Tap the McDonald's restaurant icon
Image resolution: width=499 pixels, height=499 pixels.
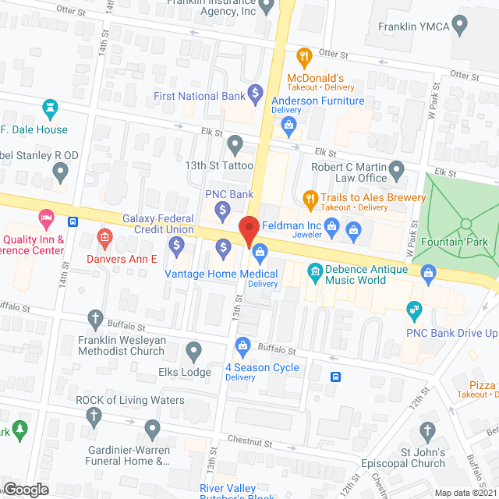click(x=304, y=56)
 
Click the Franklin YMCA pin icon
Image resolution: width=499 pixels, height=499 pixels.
click(x=459, y=26)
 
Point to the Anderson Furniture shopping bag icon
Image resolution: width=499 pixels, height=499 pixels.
click(x=289, y=124)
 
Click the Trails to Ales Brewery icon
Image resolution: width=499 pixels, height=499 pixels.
click(x=309, y=198)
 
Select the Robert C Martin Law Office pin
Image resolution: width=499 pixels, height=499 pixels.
click(x=397, y=168)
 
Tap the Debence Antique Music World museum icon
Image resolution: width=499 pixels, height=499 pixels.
click(x=315, y=271)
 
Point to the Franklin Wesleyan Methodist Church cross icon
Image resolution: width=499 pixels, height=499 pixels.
click(x=95, y=317)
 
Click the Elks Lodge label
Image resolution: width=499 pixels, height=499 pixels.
click(x=185, y=372)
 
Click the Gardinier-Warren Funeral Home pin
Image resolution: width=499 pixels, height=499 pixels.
click(x=152, y=427)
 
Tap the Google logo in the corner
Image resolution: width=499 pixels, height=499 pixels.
click(x=25, y=489)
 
